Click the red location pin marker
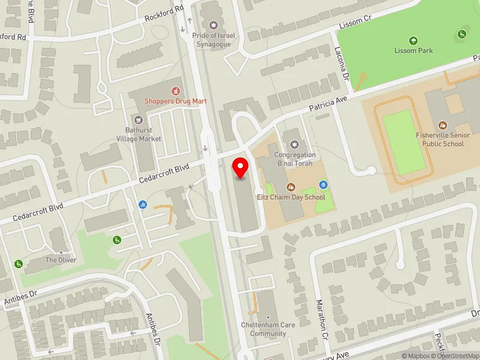tap(241, 168)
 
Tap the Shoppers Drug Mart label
tap(175, 101)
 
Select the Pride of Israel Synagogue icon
tap(213, 26)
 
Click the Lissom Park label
tap(413, 50)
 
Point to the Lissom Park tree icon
tap(413, 40)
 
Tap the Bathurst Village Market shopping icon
tap(139, 120)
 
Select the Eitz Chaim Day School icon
tap(291, 187)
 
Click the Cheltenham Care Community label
tap(268, 329)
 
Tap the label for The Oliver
tap(60, 260)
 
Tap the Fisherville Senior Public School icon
tap(443, 125)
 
